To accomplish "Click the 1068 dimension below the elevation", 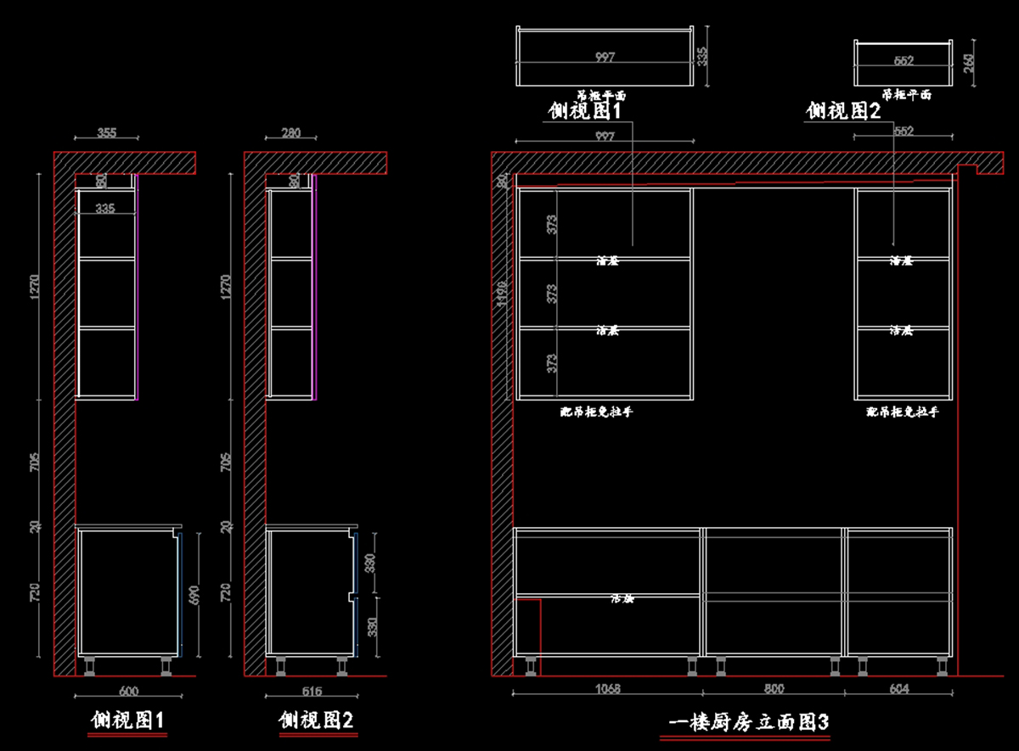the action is pos(606,689).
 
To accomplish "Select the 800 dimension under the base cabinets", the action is pos(774,689).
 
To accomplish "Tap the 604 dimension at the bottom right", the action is pos(898,689).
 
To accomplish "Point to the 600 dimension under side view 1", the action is pos(128,691).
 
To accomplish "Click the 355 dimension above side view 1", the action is pos(106,132).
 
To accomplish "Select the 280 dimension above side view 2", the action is pos(291,132).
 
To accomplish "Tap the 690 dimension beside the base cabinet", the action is pos(194,594).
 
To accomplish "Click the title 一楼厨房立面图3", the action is pos(748,722).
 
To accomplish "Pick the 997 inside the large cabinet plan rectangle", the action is pos(605,57).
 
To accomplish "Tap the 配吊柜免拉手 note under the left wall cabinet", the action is pos(596,412).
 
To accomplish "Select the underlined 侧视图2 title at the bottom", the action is pos(316,720).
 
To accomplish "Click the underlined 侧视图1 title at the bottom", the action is pos(127,720).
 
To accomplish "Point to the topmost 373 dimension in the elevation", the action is pos(552,224).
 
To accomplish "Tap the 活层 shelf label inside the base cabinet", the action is pos(622,598).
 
